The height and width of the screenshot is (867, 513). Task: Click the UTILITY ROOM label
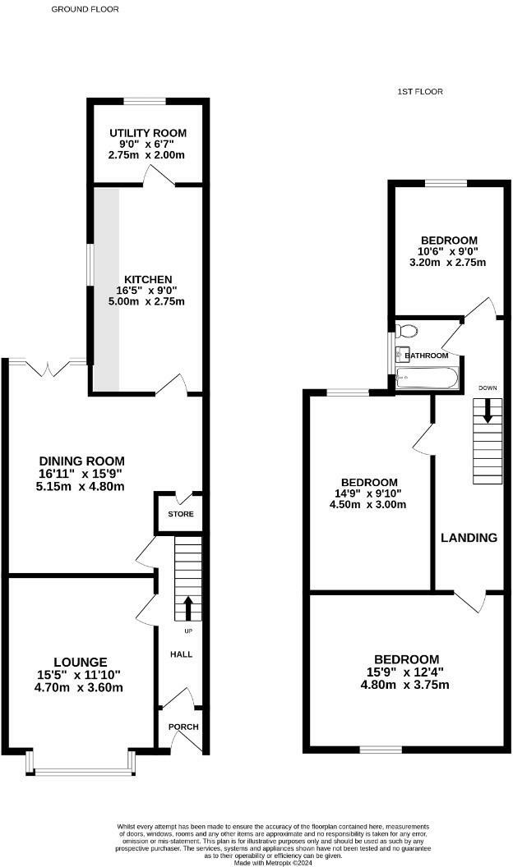(x=148, y=133)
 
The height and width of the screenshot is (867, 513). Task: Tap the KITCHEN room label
(x=148, y=280)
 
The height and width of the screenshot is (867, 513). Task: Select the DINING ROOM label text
(x=82, y=461)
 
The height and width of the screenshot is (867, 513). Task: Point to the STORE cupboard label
(x=181, y=514)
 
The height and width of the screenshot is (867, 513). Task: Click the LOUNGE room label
(x=81, y=663)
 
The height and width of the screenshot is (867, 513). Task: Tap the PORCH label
(x=183, y=727)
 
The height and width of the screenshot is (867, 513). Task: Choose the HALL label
(x=182, y=654)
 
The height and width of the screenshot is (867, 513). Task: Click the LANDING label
(x=469, y=538)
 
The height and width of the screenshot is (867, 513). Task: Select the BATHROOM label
(x=427, y=356)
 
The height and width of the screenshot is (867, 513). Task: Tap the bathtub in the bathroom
(x=427, y=378)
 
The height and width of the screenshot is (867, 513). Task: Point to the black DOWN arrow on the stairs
(x=487, y=412)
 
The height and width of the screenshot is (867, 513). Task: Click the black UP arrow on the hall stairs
(x=187, y=608)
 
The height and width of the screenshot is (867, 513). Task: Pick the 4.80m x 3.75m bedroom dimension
(x=405, y=685)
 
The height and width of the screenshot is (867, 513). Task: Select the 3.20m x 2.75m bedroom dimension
(x=448, y=263)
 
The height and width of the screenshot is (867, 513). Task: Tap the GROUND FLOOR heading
(x=85, y=9)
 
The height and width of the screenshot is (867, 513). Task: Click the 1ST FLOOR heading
(x=420, y=92)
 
